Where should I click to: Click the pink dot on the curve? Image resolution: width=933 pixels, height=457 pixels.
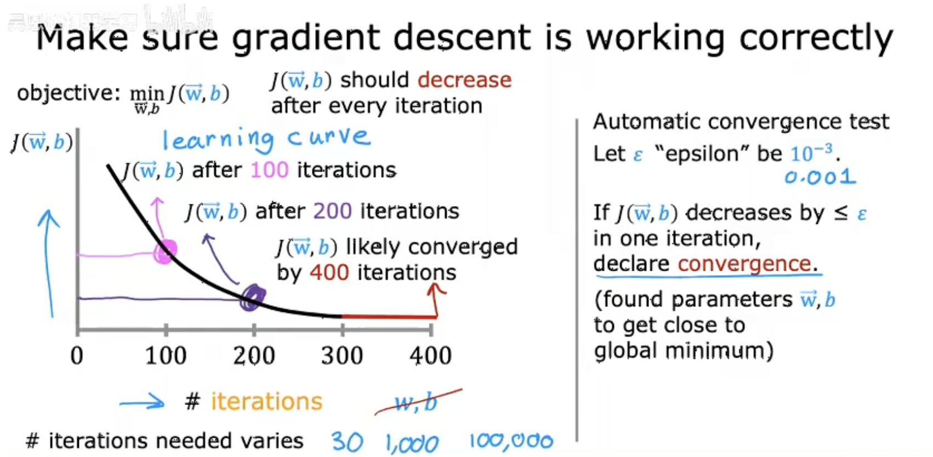(164, 252)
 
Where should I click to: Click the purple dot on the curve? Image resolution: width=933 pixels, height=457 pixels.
(253, 298)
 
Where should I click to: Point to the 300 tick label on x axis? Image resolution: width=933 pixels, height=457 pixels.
(342, 356)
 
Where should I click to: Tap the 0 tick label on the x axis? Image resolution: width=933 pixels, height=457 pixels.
(77, 356)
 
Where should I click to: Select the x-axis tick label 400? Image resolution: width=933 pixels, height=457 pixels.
(431, 356)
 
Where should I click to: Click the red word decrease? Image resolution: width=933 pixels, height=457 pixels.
(464, 80)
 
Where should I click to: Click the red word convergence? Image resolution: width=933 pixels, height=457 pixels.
(744, 264)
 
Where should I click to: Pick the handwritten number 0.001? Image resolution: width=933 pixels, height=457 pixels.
(820, 177)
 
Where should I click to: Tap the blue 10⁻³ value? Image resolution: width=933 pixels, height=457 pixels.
(811, 153)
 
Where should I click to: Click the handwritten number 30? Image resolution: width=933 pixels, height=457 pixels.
(346, 442)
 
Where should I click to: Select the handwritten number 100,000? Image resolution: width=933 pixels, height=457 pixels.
(511, 441)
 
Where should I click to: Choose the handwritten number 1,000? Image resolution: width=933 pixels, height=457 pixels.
(412, 443)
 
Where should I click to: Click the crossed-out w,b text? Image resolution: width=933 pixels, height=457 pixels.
(417, 403)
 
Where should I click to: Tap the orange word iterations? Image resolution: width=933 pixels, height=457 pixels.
(266, 402)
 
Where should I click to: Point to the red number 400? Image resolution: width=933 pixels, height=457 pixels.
(329, 272)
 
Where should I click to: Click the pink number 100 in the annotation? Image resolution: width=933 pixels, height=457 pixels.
(269, 170)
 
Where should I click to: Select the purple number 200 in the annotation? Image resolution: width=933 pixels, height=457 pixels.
(332, 211)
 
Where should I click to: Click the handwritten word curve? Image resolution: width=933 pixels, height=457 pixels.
(328, 137)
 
